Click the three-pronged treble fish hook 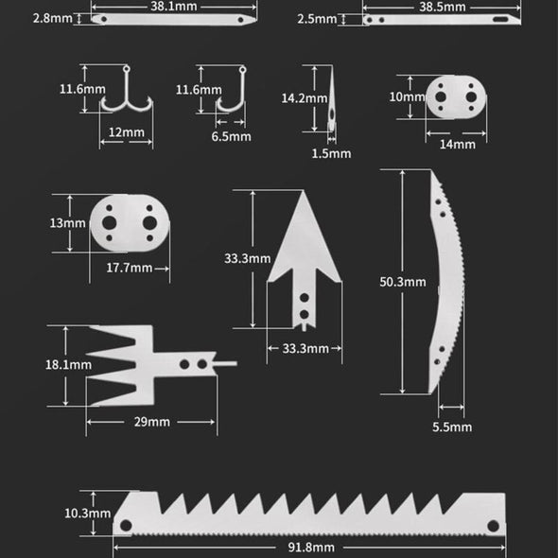[126, 95]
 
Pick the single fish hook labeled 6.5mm [227, 95]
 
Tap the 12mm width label [126, 132]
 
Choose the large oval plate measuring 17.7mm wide [130, 223]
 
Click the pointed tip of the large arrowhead [303, 193]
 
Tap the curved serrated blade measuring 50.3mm [445, 284]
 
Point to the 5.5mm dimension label [451, 427]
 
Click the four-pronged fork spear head [142, 364]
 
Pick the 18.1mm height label [68, 364]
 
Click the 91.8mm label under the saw [310, 547]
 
